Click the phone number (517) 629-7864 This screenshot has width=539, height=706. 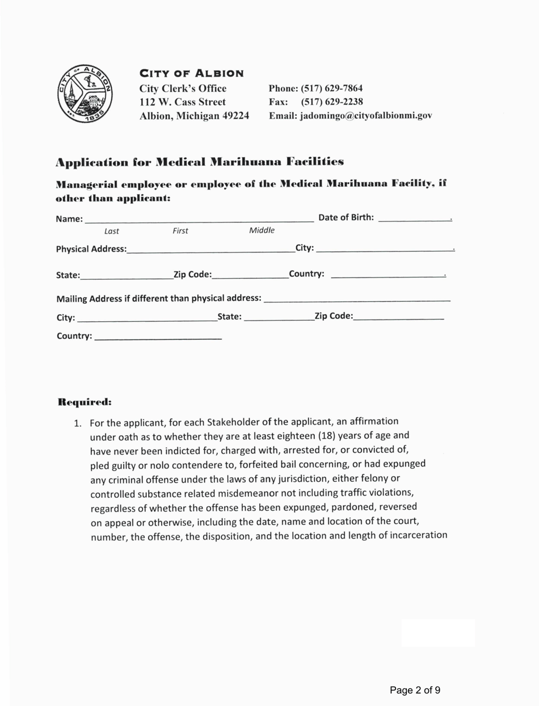(332, 89)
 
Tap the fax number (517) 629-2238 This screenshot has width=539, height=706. (332, 102)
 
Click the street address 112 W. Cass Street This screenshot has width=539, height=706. (183, 102)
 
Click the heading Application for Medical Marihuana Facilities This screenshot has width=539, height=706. (199, 162)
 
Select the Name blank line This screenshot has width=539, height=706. (199, 219)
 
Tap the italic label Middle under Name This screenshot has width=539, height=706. (262, 230)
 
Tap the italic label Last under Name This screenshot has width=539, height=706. (112, 231)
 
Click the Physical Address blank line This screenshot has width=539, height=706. (210, 249)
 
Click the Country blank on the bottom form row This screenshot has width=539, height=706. (158, 337)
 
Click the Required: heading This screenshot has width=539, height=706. (85, 402)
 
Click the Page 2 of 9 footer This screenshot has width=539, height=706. (415, 690)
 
